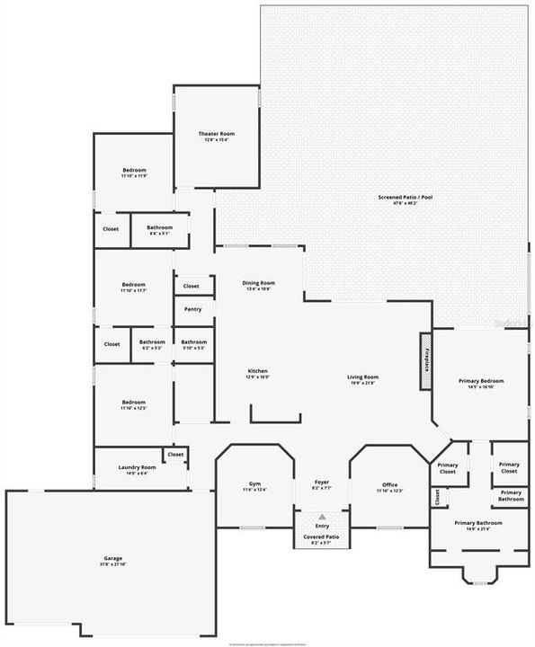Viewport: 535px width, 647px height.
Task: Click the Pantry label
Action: point(192,309)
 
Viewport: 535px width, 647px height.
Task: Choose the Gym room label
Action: point(254,486)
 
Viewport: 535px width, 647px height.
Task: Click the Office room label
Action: point(389,486)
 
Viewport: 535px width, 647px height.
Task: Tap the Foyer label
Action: point(322,484)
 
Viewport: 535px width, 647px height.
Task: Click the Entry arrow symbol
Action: point(322,518)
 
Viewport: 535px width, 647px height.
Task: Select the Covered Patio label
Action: point(322,538)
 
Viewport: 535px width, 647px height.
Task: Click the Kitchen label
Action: point(258,373)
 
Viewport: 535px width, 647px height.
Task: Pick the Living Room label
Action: point(363,379)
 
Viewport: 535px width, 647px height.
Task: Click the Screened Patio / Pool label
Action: point(397,199)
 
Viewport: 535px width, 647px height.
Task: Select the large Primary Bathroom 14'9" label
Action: point(477,525)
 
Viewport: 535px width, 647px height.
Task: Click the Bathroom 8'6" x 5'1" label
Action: point(160,229)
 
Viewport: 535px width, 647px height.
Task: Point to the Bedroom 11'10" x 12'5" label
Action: point(134,404)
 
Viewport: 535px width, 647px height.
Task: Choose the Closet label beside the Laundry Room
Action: point(175,455)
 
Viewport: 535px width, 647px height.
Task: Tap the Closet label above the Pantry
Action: point(192,286)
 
